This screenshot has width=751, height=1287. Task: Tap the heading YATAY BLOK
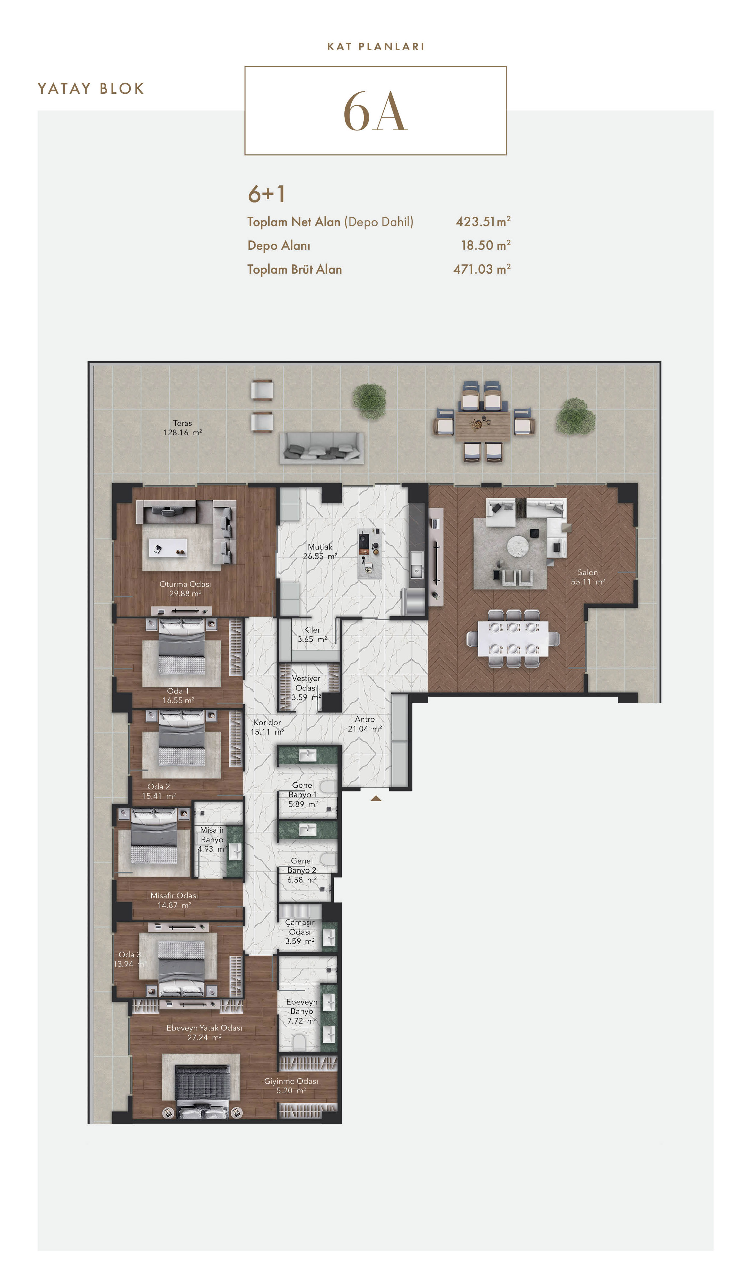(91, 89)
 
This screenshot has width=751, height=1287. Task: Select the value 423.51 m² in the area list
(483, 222)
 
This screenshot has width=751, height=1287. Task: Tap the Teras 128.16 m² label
(182, 427)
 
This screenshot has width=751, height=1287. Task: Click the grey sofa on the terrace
(321, 448)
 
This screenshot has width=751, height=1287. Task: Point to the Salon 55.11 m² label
(587, 577)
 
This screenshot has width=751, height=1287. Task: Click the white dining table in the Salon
(513, 638)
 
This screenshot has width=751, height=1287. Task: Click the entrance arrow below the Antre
(376, 798)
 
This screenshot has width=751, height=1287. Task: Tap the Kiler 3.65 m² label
(312, 635)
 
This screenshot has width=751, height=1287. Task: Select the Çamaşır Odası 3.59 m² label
(300, 932)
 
